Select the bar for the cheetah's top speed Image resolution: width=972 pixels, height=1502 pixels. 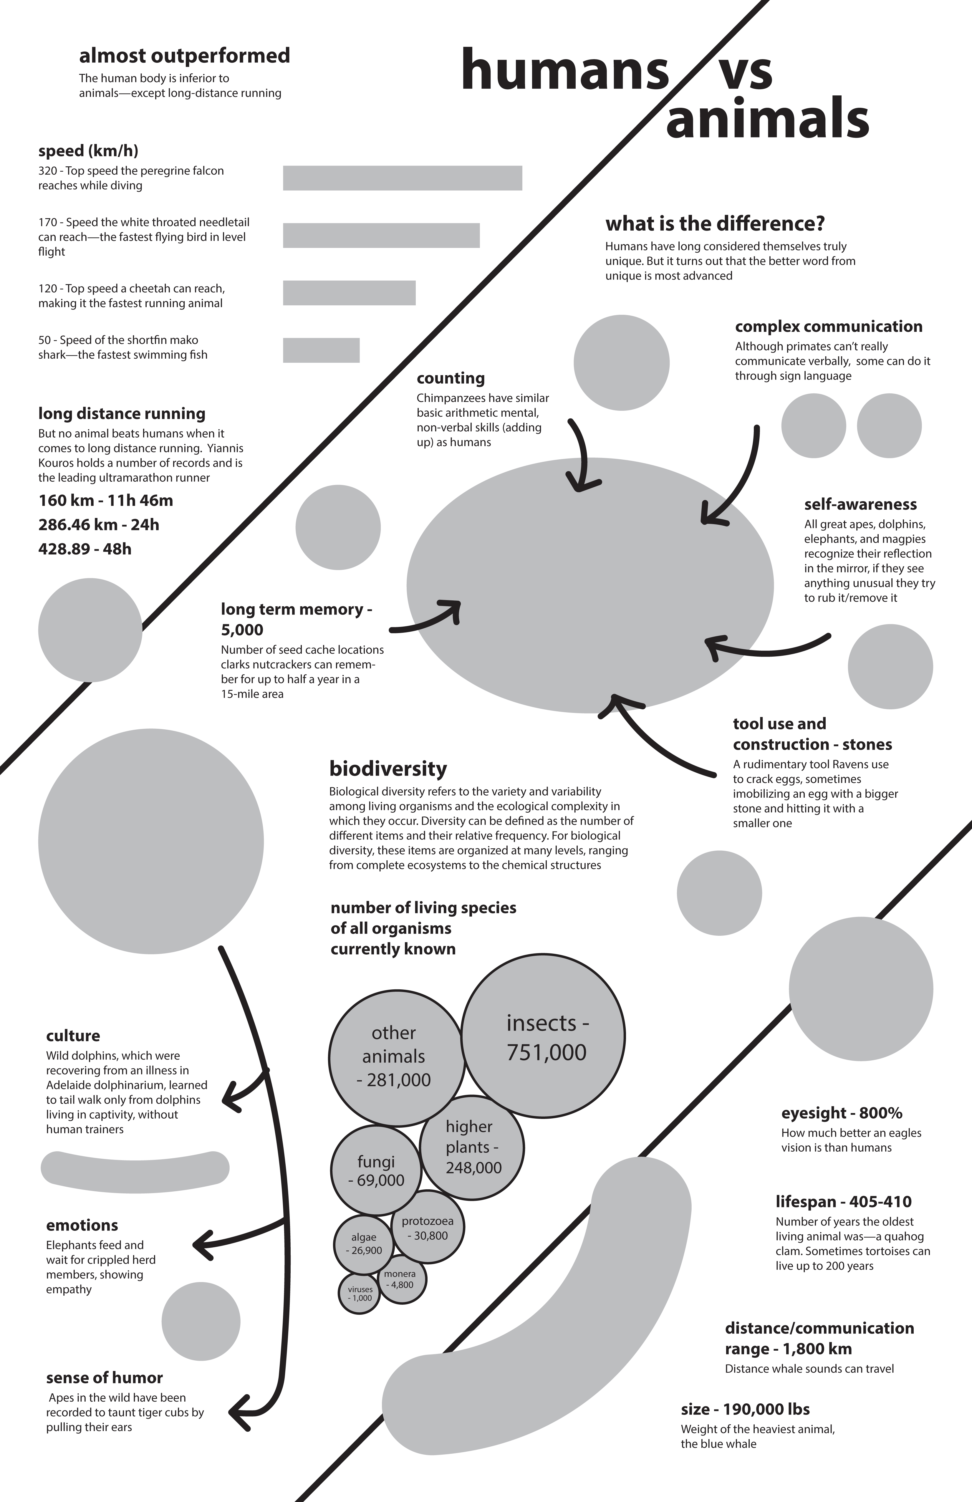[349, 293]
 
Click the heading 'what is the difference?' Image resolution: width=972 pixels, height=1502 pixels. [715, 224]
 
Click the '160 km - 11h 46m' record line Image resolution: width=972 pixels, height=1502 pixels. [105, 501]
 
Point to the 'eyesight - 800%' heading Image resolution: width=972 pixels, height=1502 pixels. [841, 1113]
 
